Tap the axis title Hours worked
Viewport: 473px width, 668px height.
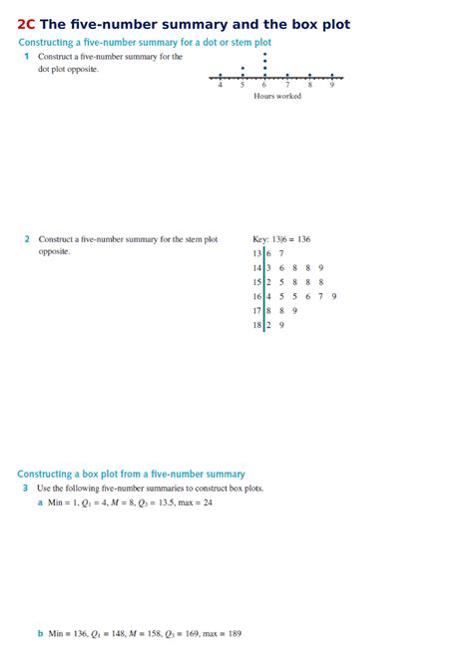pos(277,96)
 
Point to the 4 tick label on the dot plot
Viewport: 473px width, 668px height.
pos(220,86)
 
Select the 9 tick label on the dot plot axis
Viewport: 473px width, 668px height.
pos(332,86)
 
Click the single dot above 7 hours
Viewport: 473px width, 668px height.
pos(287,76)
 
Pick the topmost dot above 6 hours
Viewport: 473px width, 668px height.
pos(264,55)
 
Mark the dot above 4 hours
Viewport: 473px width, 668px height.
pos(220,76)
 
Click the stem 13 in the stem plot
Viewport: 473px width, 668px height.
pos(257,254)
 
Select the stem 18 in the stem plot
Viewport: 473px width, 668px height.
pos(257,325)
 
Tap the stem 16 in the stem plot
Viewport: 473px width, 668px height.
pos(257,296)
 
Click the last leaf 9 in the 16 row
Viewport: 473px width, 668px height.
pos(333,296)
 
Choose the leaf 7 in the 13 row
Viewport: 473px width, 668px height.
pos(280,254)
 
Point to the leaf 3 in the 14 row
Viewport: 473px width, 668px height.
pos(268,268)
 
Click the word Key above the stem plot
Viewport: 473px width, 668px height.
pos(260,239)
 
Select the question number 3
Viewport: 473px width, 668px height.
pos(25,489)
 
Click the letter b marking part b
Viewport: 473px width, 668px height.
pos(40,634)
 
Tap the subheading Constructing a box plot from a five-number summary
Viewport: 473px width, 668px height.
pos(131,475)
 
